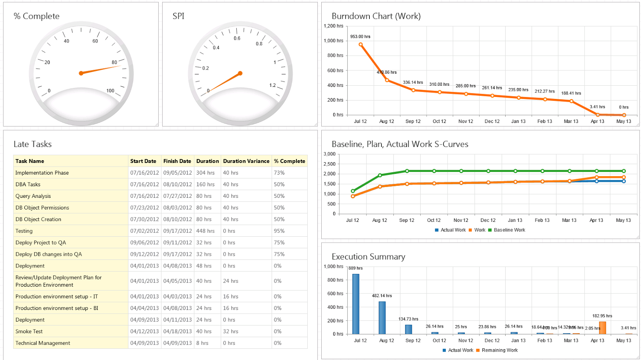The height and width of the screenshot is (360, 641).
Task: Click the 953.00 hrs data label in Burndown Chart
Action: (360, 36)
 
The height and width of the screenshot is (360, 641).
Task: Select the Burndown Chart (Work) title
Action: (376, 16)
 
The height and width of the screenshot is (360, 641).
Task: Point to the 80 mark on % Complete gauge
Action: (114, 62)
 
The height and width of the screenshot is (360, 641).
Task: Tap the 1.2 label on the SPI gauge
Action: (272, 85)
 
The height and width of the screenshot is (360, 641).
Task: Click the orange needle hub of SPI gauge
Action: (240, 73)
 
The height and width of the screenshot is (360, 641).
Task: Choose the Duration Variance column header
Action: (246, 161)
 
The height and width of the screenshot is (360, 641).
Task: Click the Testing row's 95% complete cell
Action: (279, 231)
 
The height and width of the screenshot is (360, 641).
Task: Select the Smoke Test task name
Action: (29, 332)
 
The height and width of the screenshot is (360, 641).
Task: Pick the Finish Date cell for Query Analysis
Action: (177, 196)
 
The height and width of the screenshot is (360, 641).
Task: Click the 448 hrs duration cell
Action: (205, 231)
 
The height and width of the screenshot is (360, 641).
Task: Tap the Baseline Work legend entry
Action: (509, 230)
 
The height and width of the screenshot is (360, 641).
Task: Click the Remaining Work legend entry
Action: (499, 350)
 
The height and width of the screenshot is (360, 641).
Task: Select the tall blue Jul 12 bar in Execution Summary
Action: (356, 304)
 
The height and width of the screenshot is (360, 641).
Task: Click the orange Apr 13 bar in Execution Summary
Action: (603, 328)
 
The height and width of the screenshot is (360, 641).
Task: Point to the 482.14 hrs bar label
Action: (382, 296)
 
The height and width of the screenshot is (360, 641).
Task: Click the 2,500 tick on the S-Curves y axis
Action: (329, 164)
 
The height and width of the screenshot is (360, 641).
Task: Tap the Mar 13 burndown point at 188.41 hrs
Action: (571, 101)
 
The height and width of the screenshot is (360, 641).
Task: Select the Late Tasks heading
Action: (32, 144)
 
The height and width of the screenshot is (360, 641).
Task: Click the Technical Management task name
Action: (42, 343)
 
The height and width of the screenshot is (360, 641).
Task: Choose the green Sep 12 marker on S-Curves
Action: (407, 171)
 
